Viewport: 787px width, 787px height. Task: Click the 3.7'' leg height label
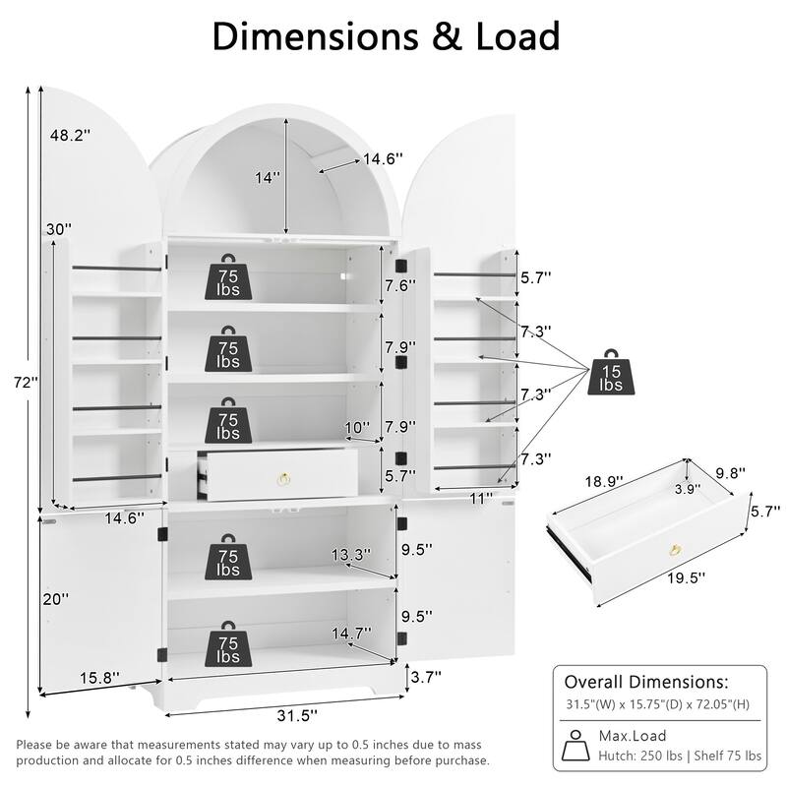pos(425,676)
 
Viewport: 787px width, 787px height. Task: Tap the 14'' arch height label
pos(267,178)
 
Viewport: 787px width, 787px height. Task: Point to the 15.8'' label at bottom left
pos(99,677)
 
